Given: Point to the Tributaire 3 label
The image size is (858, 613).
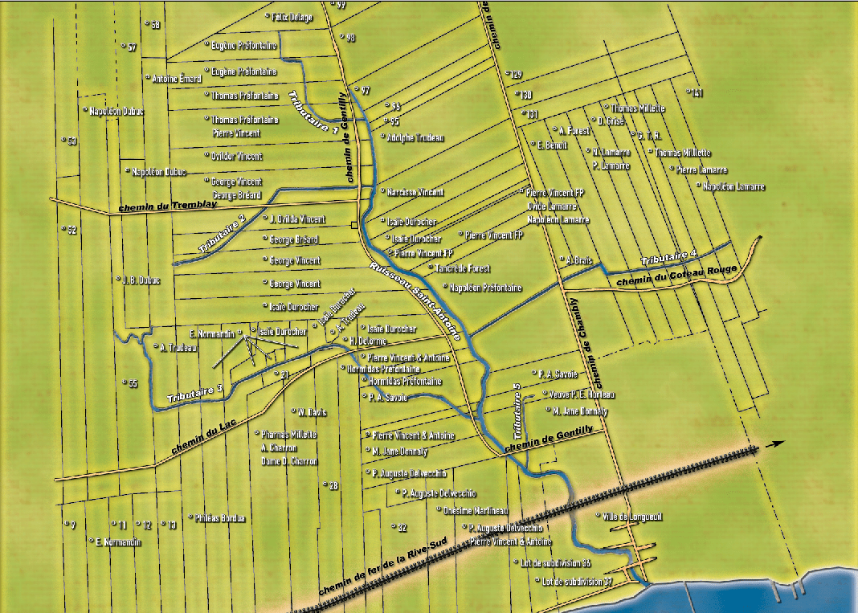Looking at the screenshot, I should [194, 394].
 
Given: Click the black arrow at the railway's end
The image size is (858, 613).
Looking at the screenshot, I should [774, 443].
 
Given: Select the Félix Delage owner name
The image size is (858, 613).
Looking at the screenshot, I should [292, 16].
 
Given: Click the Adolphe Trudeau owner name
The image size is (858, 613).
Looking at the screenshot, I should [415, 137].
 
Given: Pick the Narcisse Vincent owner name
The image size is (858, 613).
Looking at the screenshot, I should [415, 193].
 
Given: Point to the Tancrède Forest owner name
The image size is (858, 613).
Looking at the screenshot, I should [463, 268].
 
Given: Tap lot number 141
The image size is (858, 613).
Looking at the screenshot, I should [697, 93].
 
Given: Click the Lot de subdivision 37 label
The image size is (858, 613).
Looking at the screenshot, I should [578, 581].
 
